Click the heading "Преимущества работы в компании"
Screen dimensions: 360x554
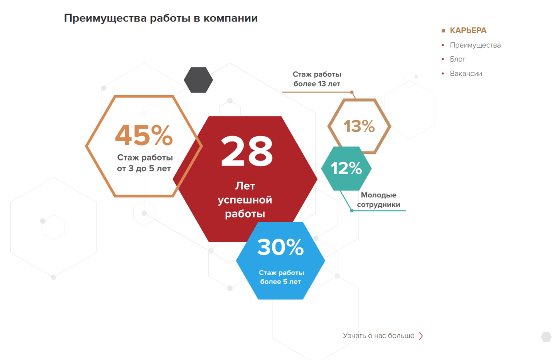(161, 18)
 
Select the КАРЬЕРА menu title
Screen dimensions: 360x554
(468, 31)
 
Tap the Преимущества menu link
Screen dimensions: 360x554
(475, 45)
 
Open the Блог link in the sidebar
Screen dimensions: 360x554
(458, 59)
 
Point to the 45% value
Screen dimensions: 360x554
(143, 135)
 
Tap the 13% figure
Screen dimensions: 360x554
(359, 126)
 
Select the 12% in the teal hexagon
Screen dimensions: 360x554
(346, 168)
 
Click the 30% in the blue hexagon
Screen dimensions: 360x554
(280, 247)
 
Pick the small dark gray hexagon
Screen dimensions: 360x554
(198, 80)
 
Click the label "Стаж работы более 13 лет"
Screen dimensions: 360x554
(317, 79)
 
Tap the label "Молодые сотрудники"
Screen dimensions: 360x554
(379, 199)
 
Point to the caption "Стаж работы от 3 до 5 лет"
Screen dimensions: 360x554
(144, 163)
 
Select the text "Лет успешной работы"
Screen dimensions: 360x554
(245, 200)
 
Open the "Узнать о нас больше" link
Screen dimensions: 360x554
(378, 336)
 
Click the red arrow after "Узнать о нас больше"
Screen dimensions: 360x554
(421, 336)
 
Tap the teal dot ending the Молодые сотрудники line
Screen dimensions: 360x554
(352, 211)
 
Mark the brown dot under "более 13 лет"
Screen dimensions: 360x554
(351, 92)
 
